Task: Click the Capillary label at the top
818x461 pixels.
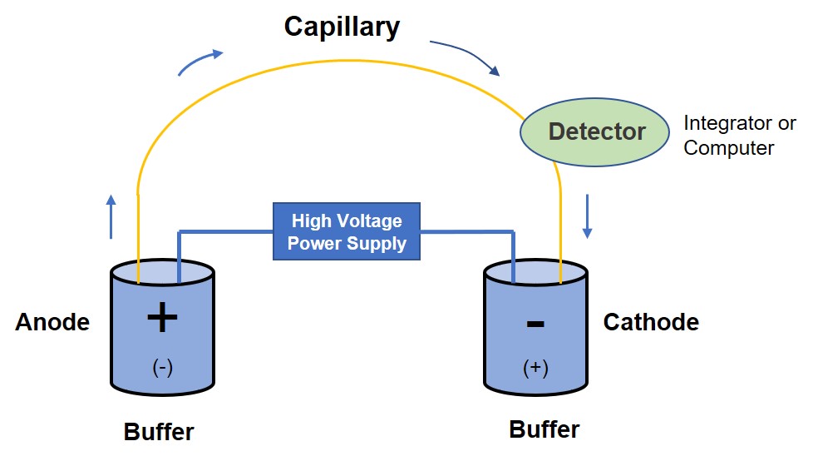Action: (x=342, y=27)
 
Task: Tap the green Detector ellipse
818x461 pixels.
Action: (x=596, y=131)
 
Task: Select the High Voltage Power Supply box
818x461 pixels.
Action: (x=347, y=232)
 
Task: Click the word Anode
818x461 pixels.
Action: (x=52, y=323)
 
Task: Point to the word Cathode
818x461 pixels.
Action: (x=651, y=323)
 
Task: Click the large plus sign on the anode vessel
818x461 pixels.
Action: (x=162, y=317)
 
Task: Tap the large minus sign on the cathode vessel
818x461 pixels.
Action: (x=535, y=322)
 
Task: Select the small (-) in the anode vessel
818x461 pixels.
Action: (x=163, y=367)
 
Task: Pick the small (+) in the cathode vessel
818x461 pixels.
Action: (x=535, y=367)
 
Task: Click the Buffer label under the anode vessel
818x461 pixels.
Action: (x=159, y=433)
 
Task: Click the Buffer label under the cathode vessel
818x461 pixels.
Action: (x=545, y=429)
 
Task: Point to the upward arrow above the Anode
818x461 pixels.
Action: (x=111, y=216)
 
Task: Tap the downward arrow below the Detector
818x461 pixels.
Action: (x=587, y=216)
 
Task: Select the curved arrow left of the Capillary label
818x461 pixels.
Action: (x=201, y=62)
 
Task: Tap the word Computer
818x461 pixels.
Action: (x=729, y=149)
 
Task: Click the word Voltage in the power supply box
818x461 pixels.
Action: (x=370, y=221)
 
